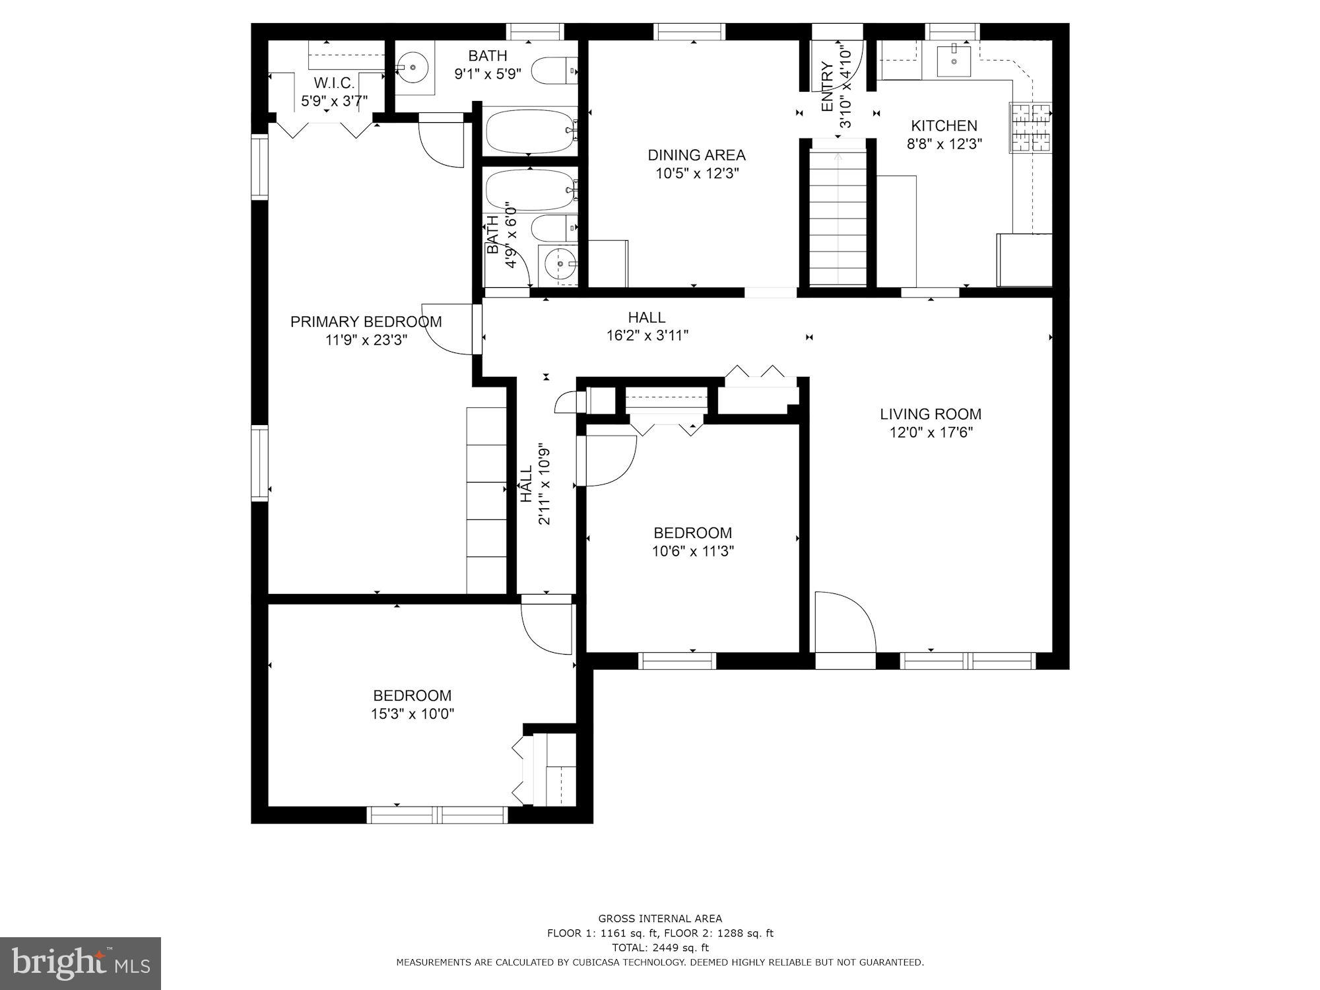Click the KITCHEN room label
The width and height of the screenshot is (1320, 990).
944,125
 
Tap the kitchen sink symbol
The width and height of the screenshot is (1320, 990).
954,61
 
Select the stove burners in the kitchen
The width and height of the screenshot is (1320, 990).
1030,128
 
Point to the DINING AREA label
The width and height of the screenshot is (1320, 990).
696,155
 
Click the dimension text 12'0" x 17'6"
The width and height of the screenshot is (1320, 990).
931,433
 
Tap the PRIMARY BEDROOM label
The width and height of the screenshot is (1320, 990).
366,322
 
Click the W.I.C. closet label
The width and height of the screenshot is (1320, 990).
334,83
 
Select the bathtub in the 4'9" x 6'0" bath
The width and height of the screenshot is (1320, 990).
529,190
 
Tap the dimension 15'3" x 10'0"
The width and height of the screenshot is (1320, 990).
412,714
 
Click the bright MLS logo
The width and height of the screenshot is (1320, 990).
81,963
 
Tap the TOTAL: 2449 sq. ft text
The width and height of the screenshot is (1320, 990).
660,948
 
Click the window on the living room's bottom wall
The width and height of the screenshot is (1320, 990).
968,661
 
